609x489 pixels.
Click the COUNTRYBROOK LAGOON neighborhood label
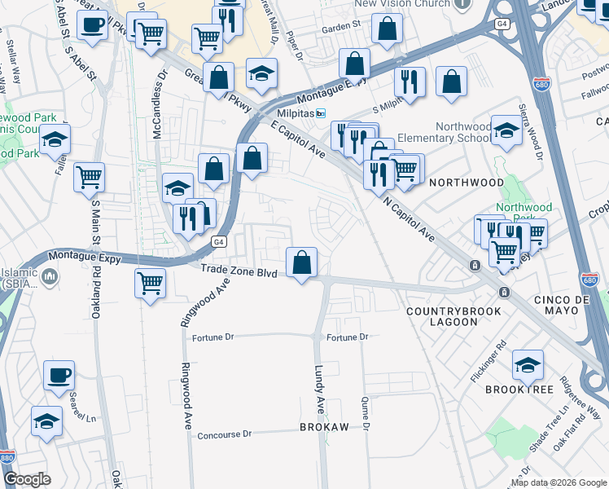click(x=442, y=316)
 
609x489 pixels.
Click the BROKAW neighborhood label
click(x=324, y=427)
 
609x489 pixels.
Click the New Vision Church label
click(x=402, y=4)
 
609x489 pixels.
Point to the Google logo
click(x=28, y=479)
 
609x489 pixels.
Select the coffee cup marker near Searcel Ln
click(x=59, y=376)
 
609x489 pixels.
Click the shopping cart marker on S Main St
click(x=89, y=176)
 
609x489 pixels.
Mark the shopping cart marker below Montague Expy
click(x=150, y=284)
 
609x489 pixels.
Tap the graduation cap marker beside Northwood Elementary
click(x=506, y=132)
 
